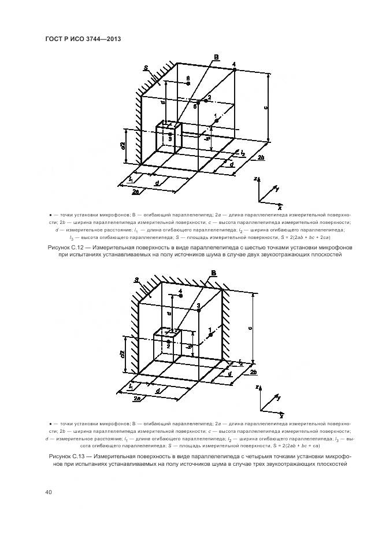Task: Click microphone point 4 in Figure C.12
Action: [235, 69]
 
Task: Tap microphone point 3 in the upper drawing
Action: [170, 134]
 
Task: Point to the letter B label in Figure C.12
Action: [216, 57]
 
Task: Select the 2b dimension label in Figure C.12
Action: [261, 157]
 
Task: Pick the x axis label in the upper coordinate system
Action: [280, 206]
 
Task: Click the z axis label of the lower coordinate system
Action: [255, 389]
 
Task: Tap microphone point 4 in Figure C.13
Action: [181, 296]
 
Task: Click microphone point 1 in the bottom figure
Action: [211, 334]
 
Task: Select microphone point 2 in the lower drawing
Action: [168, 342]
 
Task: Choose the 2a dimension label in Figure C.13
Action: [137, 399]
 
